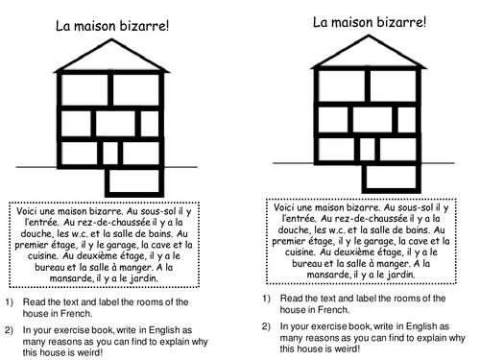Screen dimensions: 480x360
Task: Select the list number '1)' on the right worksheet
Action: tap(265, 298)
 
